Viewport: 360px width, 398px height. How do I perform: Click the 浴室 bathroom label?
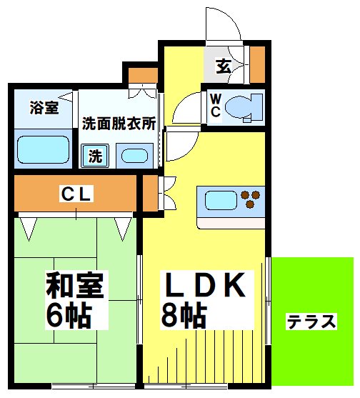(x=44, y=108)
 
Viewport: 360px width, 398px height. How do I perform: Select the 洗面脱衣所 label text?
(x=118, y=122)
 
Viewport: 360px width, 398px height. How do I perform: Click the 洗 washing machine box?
(x=94, y=155)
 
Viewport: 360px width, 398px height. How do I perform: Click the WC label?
(x=214, y=106)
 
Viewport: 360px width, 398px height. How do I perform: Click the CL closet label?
(x=75, y=193)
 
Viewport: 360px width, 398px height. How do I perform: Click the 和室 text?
(x=74, y=285)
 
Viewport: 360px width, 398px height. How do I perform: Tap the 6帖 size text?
(x=69, y=314)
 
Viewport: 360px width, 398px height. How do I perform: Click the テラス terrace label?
(x=311, y=322)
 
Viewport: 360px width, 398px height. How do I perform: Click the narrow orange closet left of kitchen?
(x=148, y=193)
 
